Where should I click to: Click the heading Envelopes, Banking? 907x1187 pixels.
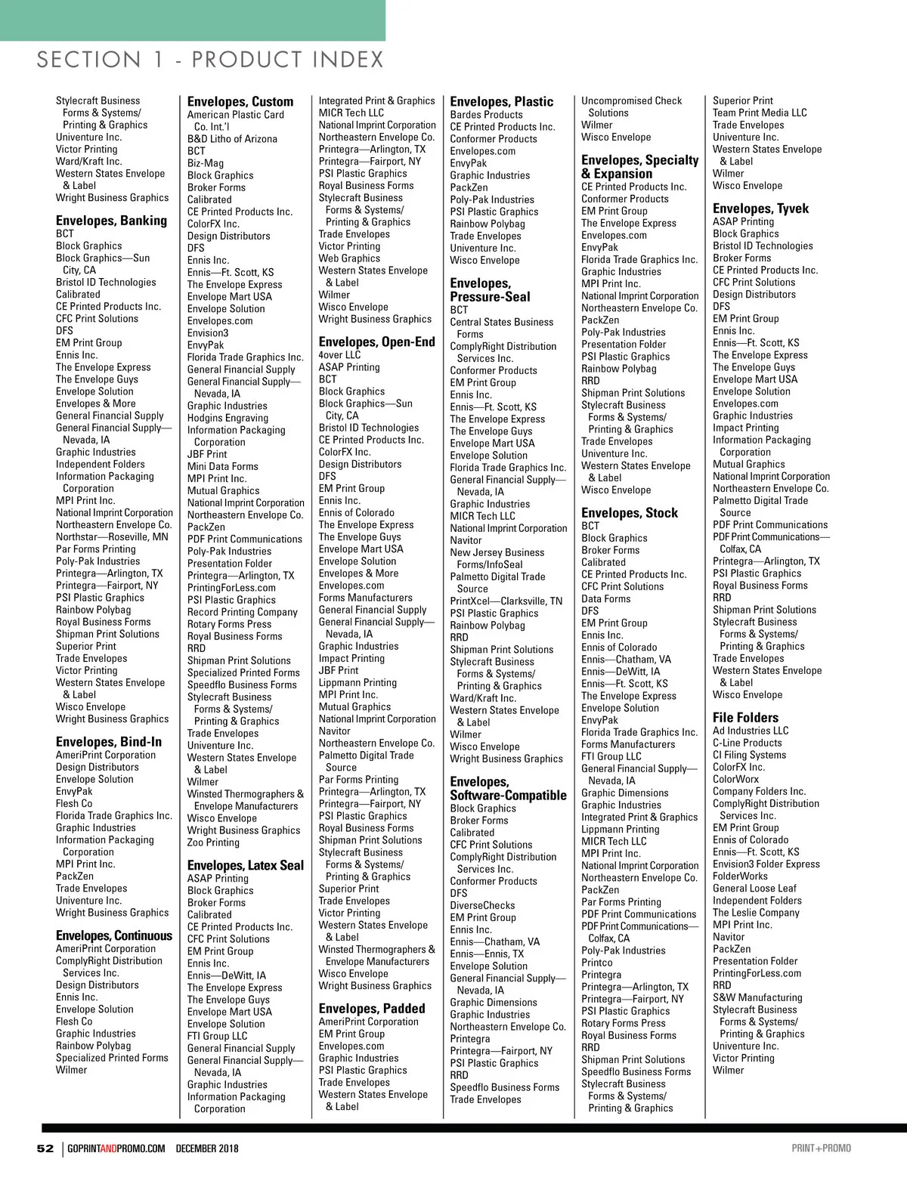tap(111, 221)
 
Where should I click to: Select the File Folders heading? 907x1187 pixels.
tap(745, 718)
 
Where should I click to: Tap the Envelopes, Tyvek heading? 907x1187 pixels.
tap(760, 209)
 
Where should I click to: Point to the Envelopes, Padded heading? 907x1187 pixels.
tap(372, 1009)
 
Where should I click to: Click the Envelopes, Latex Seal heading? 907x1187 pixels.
tap(246, 866)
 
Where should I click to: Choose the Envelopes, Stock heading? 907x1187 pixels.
tap(630, 513)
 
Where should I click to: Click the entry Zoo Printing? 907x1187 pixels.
tap(213, 842)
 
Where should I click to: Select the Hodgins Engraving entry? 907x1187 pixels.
tap(228, 418)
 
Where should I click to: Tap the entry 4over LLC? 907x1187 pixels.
tap(339, 355)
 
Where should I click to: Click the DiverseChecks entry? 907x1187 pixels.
tap(482, 905)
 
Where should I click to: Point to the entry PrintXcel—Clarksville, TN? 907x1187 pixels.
tap(506, 601)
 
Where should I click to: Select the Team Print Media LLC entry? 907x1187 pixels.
tap(760, 113)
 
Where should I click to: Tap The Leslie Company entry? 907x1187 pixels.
tap(756, 913)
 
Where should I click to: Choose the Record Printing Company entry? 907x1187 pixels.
tap(243, 612)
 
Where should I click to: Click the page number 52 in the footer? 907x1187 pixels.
tap(45, 1148)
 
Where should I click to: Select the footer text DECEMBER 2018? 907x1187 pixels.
tap(207, 1148)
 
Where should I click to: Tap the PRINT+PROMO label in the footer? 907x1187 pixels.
tap(821, 1148)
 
